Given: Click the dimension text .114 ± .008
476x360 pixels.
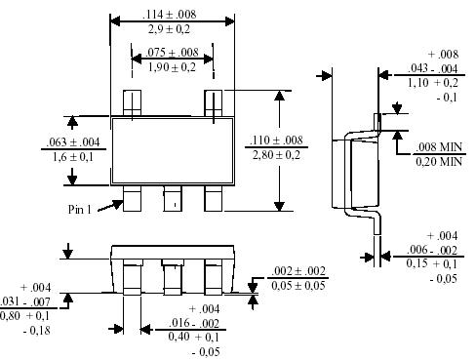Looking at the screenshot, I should click(172, 15).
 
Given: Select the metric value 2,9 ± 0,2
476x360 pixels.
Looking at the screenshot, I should click(172, 31).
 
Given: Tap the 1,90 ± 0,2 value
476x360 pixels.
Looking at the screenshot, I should click(172, 67).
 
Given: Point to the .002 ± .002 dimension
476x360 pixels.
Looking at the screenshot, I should click(297, 269).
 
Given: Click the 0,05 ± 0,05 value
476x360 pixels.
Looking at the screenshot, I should click(298, 285).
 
